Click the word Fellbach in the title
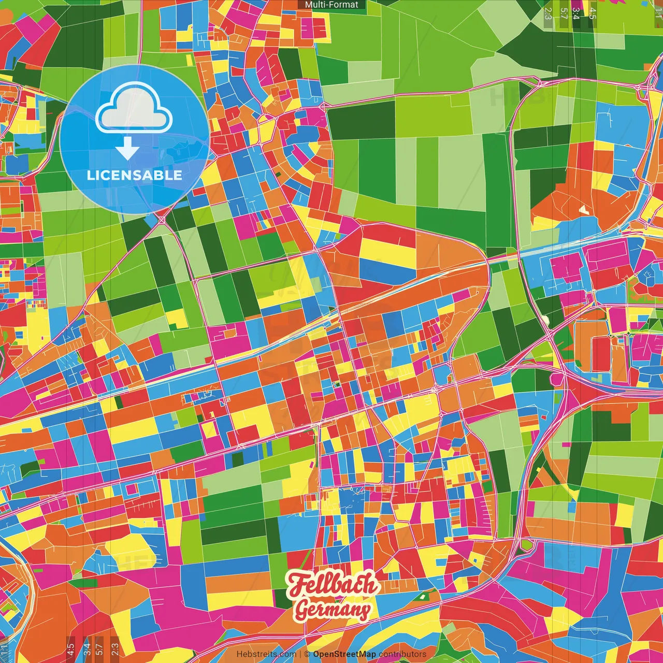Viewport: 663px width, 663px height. [334, 585]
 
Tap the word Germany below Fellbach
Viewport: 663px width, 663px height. [333, 610]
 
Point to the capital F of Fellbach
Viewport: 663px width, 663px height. [297, 585]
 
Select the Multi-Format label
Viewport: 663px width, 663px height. [331, 5]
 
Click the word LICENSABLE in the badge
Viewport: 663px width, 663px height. [135, 175]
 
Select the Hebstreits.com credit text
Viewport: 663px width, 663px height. [266, 654]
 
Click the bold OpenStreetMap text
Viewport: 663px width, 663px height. [344, 654]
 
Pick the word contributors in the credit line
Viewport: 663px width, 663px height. [402, 654]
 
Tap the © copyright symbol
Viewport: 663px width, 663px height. [307, 654]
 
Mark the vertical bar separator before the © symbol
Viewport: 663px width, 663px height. [300, 654]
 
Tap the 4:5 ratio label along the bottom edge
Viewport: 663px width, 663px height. [70, 648]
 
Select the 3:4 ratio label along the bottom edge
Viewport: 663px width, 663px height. [87, 648]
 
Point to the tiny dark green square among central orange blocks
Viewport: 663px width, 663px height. [337, 384]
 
